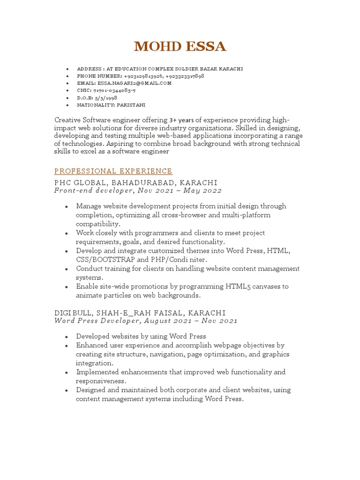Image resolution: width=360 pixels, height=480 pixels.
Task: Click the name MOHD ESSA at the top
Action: [x=180, y=47]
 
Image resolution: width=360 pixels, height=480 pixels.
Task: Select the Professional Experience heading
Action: [x=113, y=171]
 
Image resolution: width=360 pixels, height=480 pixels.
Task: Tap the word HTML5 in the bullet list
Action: [x=240, y=286]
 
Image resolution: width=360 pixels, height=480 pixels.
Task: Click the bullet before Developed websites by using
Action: [x=67, y=337]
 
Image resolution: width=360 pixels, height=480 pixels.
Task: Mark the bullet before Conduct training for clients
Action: [x=67, y=269]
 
